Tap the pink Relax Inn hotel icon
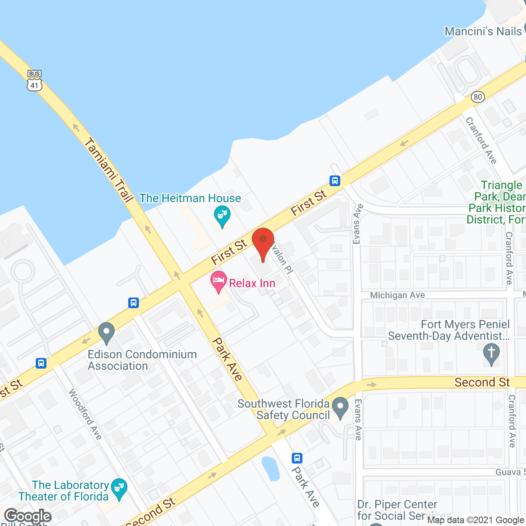[219, 281]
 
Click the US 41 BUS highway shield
[35, 81]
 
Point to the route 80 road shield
[478, 97]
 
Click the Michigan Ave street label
[397, 295]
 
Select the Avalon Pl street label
[282, 257]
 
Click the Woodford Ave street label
[85, 414]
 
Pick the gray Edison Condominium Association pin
[106, 333]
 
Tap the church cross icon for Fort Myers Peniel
[491, 353]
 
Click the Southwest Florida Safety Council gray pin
[340, 407]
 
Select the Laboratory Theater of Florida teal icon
[119, 489]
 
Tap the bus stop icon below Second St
[297, 458]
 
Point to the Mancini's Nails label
[483, 32]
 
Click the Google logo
[28, 516]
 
